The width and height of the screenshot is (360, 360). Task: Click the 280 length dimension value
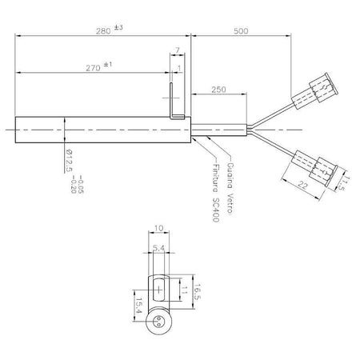click(x=103, y=31)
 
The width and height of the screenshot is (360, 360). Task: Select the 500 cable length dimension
click(x=241, y=31)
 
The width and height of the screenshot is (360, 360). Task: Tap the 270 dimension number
click(x=93, y=68)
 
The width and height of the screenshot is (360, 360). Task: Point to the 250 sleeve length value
click(x=218, y=90)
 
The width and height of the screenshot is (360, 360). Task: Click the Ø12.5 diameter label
click(x=70, y=161)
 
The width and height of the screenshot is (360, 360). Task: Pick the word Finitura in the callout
click(x=215, y=178)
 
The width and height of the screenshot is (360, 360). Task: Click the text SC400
click(x=216, y=210)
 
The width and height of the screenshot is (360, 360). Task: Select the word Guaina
click(x=230, y=175)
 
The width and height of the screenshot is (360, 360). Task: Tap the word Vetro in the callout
click(x=230, y=203)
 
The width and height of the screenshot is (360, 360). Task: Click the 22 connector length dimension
click(x=302, y=185)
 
